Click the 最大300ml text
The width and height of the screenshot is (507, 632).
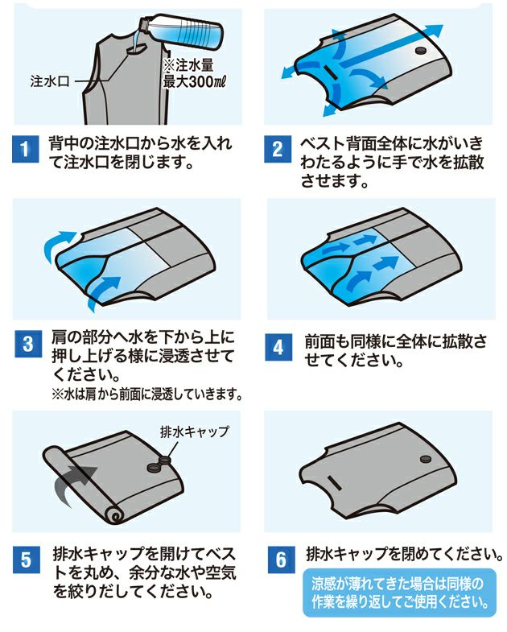coord(193,82)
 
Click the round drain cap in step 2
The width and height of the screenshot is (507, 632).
coord(420,51)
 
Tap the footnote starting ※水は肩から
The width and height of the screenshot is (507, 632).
coord(146,394)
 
